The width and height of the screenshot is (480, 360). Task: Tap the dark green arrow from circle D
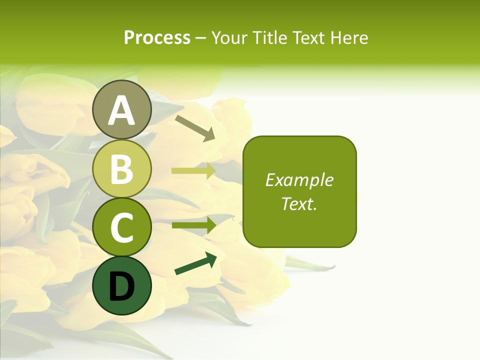pyautogui.click(x=195, y=263)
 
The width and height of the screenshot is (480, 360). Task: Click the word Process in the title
pyautogui.click(x=157, y=37)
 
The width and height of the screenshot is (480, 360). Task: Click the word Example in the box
pyautogui.click(x=299, y=180)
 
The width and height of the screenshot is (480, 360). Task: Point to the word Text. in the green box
pyautogui.click(x=299, y=203)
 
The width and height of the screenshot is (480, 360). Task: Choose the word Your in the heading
pyautogui.click(x=229, y=37)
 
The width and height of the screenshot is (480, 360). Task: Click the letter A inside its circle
pyautogui.click(x=122, y=111)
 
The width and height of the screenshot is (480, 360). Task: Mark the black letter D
pyautogui.click(x=122, y=287)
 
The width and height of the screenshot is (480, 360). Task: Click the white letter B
pyautogui.click(x=122, y=169)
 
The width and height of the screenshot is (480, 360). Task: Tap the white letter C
pyautogui.click(x=122, y=228)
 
